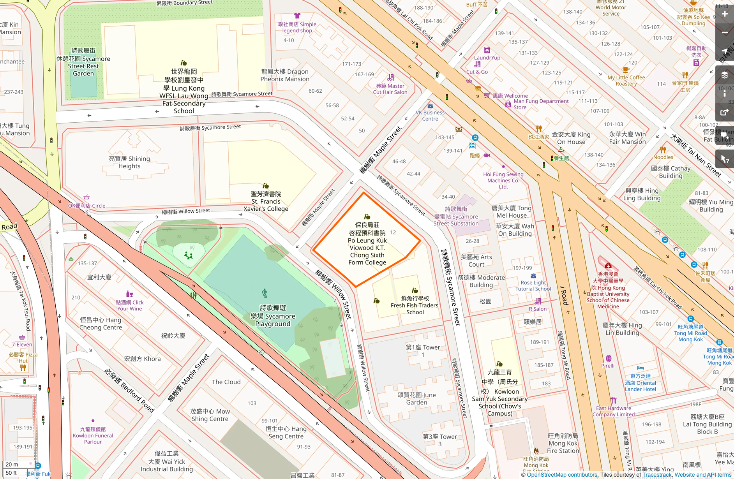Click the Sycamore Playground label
pyautogui.click(x=273, y=316)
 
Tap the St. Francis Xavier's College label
pyautogui.click(x=266, y=201)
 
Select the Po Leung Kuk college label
pyautogui.click(x=367, y=244)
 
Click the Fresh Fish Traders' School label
pyautogui.click(x=415, y=305)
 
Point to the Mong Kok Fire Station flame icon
pyautogui.click(x=536, y=451)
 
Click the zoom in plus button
pyautogui.click(x=725, y=14)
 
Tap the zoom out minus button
pyautogui.click(x=725, y=33)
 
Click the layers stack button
pyautogui.click(x=725, y=75)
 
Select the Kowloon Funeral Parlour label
pyautogui.click(x=93, y=435)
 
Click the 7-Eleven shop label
pyautogui.click(x=22, y=344)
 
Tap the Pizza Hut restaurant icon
pyautogui.click(x=23, y=367)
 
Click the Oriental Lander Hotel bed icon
pyautogui.click(x=640, y=368)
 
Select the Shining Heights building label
pyautogui.click(x=129, y=162)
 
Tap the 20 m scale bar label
pyautogui.click(x=12, y=464)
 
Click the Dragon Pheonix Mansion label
pyautogui.click(x=285, y=75)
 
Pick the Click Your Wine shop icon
pyautogui.click(x=130, y=294)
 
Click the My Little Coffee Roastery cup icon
pyautogui.click(x=626, y=70)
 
